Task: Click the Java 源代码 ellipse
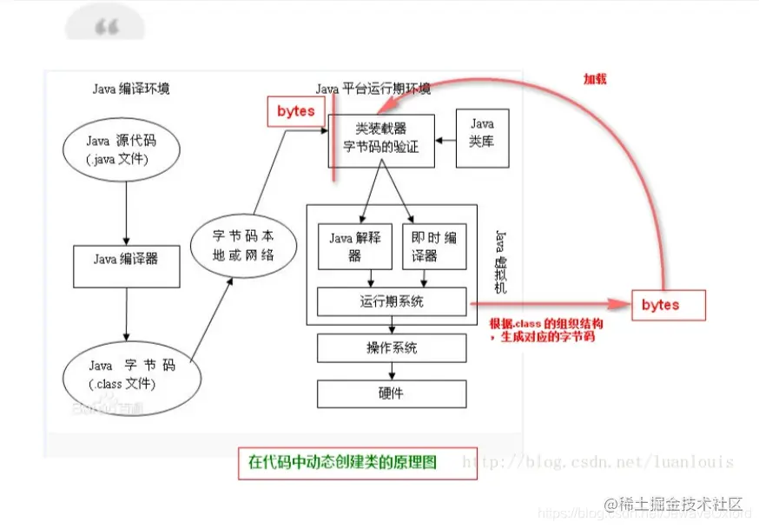(x=122, y=149)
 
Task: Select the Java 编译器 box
(x=126, y=259)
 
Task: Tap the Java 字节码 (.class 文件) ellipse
(x=131, y=374)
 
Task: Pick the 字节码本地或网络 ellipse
(x=243, y=245)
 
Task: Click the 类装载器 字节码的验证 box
(x=380, y=139)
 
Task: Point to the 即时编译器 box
(x=434, y=246)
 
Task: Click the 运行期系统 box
(x=393, y=301)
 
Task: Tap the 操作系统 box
(x=393, y=347)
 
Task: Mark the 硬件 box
(x=393, y=393)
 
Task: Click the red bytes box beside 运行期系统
(x=668, y=305)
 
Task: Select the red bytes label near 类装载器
(x=296, y=111)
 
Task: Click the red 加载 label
(x=595, y=78)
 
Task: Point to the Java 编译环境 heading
(x=131, y=89)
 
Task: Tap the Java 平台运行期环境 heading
(x=373, y=89)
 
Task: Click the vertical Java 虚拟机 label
(x=500, y=261)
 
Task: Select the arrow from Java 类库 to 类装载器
(x=445, y=139)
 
